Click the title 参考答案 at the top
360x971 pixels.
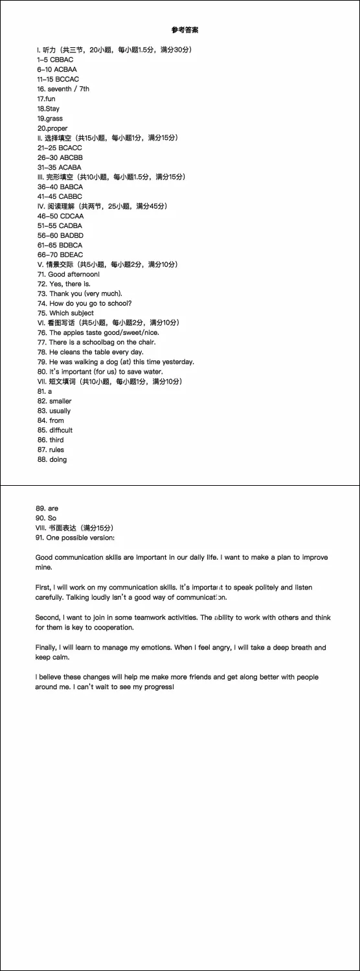pyautogui.click(x=185, y=30)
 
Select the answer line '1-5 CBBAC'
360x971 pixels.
pyautogui.click(x=55, y=60)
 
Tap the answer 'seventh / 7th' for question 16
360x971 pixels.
pyautogui.click(x=69, y=89)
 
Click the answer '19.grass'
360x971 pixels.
pyautogui.click(x=50, y=119)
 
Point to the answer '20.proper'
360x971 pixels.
pyautogui.click(x=52, y=128)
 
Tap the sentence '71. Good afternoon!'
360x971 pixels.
pyautogui.click(x=69, y=274)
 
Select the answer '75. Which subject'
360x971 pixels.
pyautogui.click(x=65, y=313)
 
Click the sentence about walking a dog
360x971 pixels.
pyautogui.click(x=116, y=361)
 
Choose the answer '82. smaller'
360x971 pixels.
pyautogui.click(x=54, y=401)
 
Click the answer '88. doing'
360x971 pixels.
pyautogui.click(x=52, y=459)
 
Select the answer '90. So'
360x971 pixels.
pyautogui.click(x=47, y=518)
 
